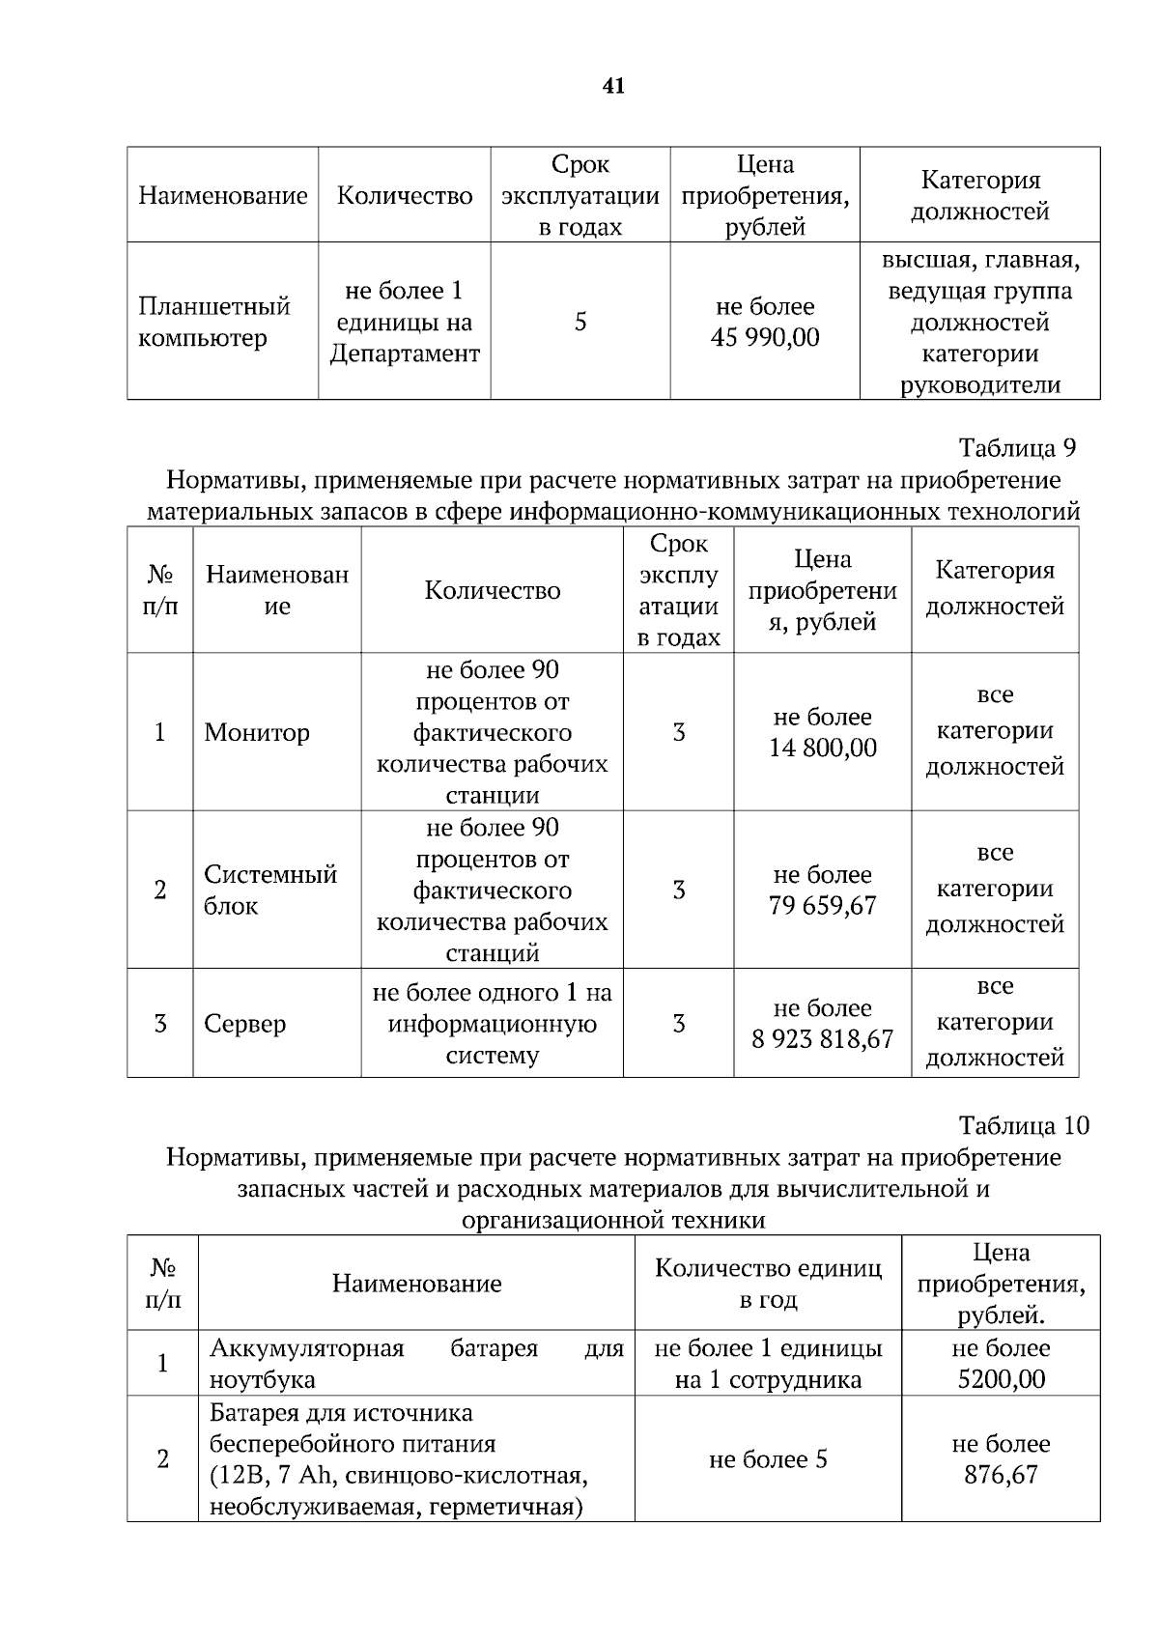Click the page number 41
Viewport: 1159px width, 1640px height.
tap(613, 87)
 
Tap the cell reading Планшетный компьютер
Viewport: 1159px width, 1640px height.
tap(214, 323)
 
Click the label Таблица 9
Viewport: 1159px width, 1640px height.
tap(1016, 448)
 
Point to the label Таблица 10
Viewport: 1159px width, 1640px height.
tap(1023, 1126)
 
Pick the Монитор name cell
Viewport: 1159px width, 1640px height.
tap(257, 733)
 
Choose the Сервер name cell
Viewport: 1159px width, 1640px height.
tap(245, 1024)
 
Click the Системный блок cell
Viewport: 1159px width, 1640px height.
tap(270, 891)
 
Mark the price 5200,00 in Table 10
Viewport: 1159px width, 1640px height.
tap(1002, 1379)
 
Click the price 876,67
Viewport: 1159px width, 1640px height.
tap(1001, 1475)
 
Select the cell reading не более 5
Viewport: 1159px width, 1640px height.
tap(768, 1459)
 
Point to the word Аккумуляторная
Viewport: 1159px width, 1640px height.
tap(307, 1348)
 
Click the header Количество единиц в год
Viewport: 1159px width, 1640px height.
tap(768, 1284)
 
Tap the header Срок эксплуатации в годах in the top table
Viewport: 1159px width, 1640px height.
tap(580, 196)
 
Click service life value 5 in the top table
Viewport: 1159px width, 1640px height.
tap(580, 322)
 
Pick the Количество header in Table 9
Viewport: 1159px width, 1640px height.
tap(493, 591)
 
